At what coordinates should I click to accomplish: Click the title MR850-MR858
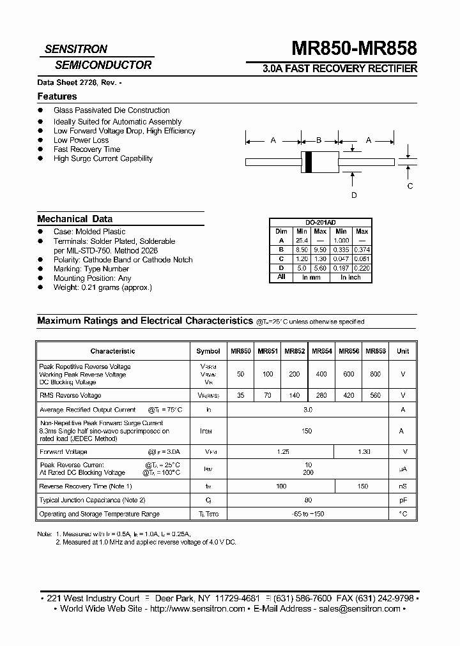click(x=354, y=49)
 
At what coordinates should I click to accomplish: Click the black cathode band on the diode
click(x=308, y=162)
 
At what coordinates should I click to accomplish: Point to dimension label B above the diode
click(x=319, y=140)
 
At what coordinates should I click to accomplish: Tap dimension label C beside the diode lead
click(x=410, y=186)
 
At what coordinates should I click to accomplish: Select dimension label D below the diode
click(x=353, y=195)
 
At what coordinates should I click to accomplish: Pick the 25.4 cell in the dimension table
click(x=302, y=241)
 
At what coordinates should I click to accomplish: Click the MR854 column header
click(x=321, y=351)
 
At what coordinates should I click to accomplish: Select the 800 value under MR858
click(x=375, y=375)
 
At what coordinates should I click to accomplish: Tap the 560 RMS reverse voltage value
click(x=375, y=396)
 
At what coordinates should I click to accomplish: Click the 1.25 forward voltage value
click(x=284, y=452)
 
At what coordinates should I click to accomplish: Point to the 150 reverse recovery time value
click(x=363, y=486)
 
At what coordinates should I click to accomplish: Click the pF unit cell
click(x=402, y=500)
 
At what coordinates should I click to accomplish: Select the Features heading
click(x=57, y=96)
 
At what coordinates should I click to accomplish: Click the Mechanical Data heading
click(x=75, y=218)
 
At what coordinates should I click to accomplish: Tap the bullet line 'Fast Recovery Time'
click(x=87, y=149)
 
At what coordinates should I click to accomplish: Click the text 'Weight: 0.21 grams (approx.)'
click(x=103, y=288)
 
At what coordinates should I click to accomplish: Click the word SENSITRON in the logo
click(x=75, y=49)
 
